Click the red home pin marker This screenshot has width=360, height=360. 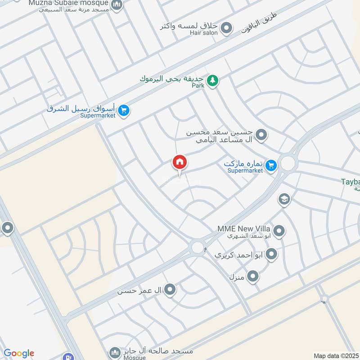pyautogui.click(x=179, y=162)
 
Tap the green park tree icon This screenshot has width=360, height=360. pyautogui.click(x=213, y=81)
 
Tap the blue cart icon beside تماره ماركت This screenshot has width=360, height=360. pyautogui.click(x=270, y=166)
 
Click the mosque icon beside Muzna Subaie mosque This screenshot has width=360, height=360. pyautogui.click(x=117, y=5)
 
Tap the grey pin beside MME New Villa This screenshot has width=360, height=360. pyautogui.click(x=279, y=231)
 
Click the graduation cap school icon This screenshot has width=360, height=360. pyautogui.click(x=284, y=199)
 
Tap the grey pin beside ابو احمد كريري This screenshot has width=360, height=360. pyautogui.click(x=271, y=255)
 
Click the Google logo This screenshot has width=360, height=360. pyautogui.click(x=19, y=353)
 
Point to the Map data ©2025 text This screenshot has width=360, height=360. pyautogui.click(x=335, y=355)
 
